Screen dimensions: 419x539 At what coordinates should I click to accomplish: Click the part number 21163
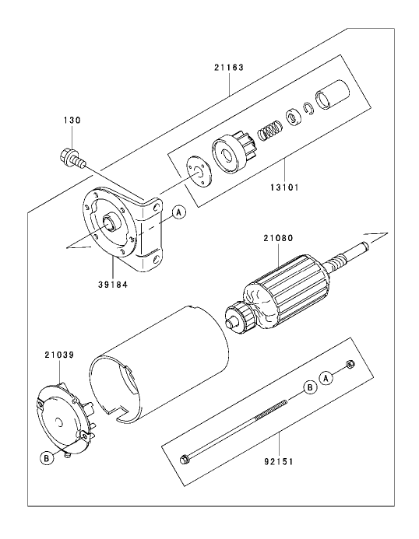coord(229,68)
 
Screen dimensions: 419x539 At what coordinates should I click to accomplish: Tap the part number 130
coord(72,121)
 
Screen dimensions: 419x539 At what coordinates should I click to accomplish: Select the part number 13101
coord(284,187)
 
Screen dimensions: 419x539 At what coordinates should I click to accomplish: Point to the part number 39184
coord(113,285)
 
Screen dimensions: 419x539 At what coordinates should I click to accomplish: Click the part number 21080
coord(278,238)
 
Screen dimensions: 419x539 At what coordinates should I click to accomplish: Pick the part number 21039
coord(59,355)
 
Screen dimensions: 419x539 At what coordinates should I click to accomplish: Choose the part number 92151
coord(279,461)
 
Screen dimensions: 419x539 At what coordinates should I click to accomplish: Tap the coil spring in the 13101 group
coord(269,131)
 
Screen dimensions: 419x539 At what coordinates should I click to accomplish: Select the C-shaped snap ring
coord(309,108)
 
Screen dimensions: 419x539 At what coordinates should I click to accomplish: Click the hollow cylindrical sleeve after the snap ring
coord(333,95)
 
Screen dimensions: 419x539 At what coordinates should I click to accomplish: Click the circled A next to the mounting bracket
coord(178,212)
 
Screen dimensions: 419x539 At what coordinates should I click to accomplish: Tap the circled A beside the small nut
coord(326,378)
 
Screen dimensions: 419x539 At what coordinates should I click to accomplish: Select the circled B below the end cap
coord(48,458)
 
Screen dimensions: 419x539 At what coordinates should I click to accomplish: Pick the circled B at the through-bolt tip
coord(310,387)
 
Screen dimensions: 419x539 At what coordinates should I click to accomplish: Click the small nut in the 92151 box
coord(350,364)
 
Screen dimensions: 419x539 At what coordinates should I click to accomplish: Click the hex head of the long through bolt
coord(185,459)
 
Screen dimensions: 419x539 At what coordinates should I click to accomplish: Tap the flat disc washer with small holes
coord(199,171)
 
